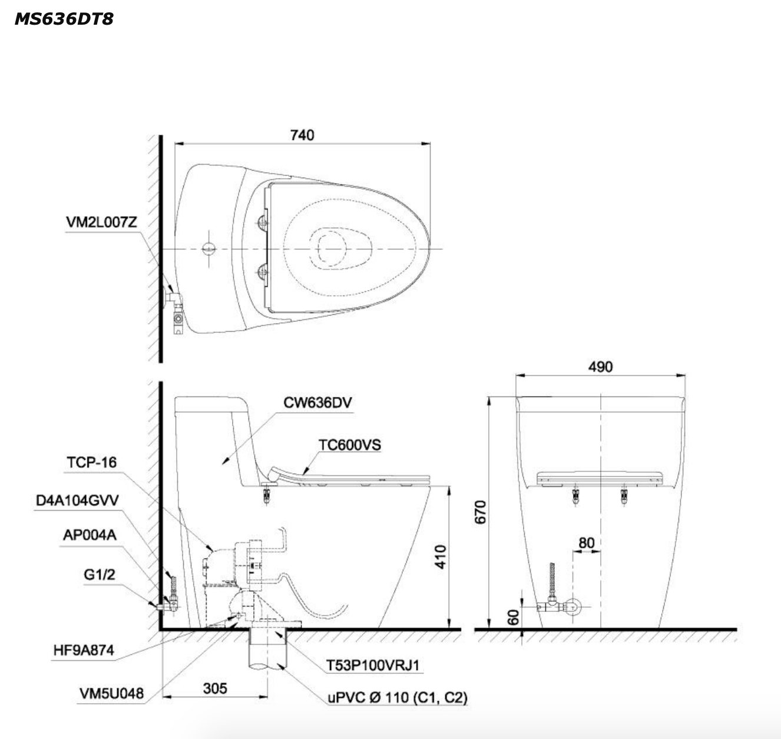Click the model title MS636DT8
[x=64, y=19]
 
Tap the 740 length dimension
[x=302, y=135]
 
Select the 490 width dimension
[x=600, y=367]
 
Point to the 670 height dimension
[x=481, y=512]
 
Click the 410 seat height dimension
[x=440, y=557]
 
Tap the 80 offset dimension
[x=586, y=542]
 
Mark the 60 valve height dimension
[x=514, y=617]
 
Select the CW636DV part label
[x=318, y=402]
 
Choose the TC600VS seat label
[x=350, y=445]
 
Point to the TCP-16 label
[x=91, y=462]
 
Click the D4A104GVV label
[x=77, y=500]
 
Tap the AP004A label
[x=90, y=535]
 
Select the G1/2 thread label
[x=98, y=574]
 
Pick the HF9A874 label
[x=83, y=650]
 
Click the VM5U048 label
[x=111, y=693]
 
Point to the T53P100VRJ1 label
[x=373, y=665]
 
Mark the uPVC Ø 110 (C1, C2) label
[x=398, y=698]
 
